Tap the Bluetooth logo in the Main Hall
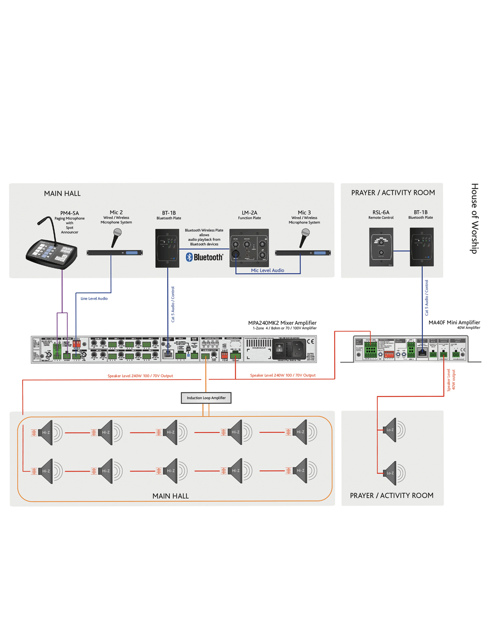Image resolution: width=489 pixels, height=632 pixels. pyautogui.click(x=204, y=257)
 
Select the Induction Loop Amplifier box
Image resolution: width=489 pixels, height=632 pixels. pyautogui.click(x=206, y=398)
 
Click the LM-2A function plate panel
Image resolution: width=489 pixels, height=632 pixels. pyautogui.click(x=249, y=248)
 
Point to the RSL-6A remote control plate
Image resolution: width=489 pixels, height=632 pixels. pyautogui.click(x=381, y=247)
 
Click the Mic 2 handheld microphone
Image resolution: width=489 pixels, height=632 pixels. pyautogui.click(x=116, y=237)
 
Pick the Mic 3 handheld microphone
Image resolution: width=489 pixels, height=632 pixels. pyautogui.click(x=305, y=237)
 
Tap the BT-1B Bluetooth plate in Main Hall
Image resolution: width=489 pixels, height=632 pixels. pyautogui.click(x=167, y=248)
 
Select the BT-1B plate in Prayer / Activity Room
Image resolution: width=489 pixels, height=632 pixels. pyautogui.click(x=421, y=247)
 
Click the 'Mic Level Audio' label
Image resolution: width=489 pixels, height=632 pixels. pyautogui.click(x=267, y=270)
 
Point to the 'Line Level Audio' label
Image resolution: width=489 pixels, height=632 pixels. pyautogui.click(x=94, y=299)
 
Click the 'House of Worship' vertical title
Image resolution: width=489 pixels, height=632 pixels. pyautogui.click(x=474, y=218)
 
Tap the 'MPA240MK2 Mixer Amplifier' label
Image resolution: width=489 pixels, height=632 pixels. pyautogui.click(x=282, y=323)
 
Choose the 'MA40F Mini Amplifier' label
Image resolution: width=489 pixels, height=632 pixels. pyautogui.click(x=454, y=323)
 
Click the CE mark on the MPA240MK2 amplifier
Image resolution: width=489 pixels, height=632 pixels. pyautogui.click(x=310, y=341)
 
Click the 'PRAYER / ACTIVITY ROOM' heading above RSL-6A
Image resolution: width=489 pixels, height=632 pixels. pyautogui.click(x=393, y=193)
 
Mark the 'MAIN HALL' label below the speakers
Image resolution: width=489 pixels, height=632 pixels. pyautogui.click(x=170, y=496)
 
